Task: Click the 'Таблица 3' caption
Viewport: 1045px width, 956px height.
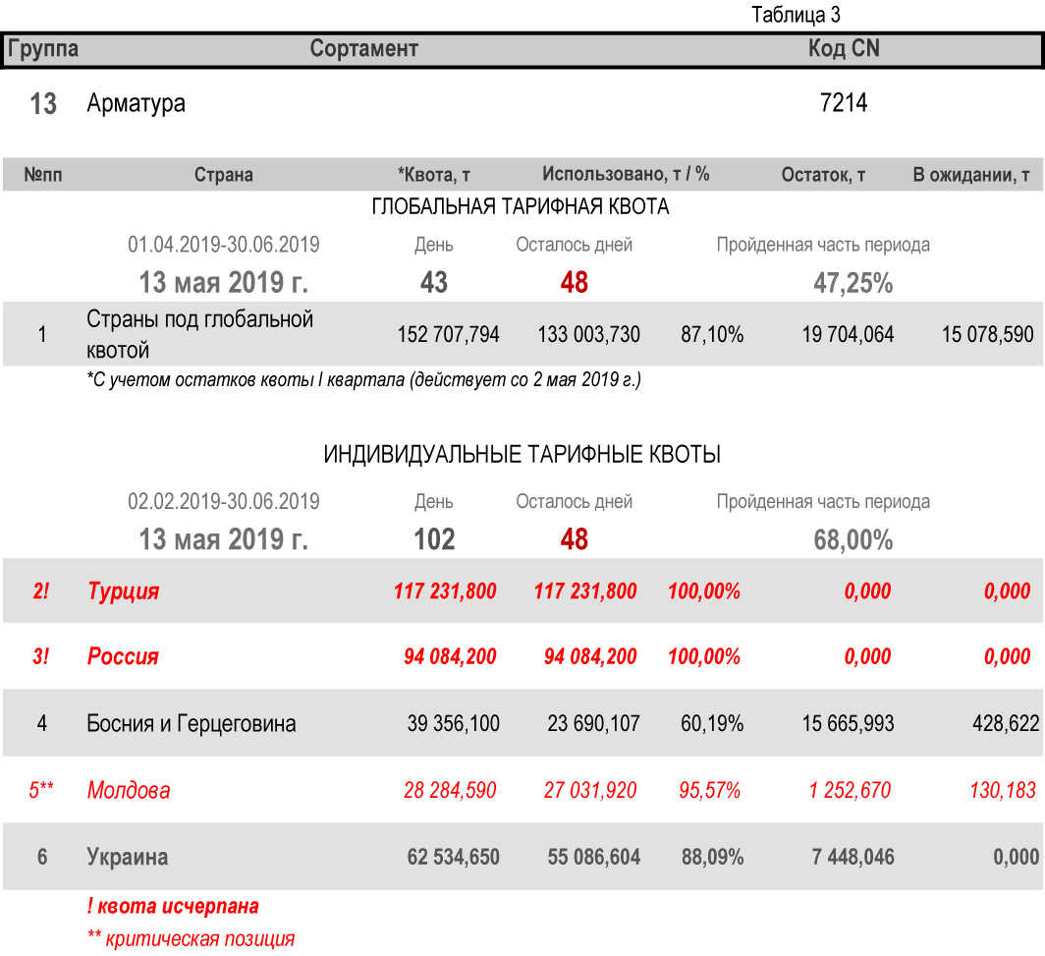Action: coord(796,15)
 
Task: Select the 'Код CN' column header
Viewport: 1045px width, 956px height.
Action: coord(844,48)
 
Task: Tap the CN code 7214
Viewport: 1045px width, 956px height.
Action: coord(844,102)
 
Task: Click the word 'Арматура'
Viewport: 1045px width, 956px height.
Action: coord(136,103)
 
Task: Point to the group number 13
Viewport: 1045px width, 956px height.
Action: coord(43,104)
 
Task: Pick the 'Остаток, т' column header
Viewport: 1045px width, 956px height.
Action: coord(823,175)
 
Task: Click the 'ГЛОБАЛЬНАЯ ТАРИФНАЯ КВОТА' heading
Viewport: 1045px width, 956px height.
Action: coord(521,207)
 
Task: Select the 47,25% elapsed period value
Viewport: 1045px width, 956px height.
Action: coord(852,283)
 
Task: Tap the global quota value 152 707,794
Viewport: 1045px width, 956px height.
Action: coord(448,335)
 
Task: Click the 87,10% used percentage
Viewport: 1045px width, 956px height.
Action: coord(712,335)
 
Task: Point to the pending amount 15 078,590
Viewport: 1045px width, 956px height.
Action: coord(987,335)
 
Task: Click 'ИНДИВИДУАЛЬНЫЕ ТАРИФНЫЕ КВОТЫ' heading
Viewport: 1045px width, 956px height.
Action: coord(522,455)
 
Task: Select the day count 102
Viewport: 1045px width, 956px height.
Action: coord(434,539)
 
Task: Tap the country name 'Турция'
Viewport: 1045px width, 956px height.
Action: coord(123,591)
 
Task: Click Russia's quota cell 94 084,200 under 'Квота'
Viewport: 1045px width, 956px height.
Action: coord(450,656)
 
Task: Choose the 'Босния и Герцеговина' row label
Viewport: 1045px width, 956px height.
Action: coord(192,724)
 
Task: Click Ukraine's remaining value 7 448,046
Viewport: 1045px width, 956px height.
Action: coord(852,857)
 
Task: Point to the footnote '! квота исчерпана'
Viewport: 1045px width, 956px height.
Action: coord(173,906)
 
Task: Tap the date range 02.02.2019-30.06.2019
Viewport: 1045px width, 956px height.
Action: coord(224,502)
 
